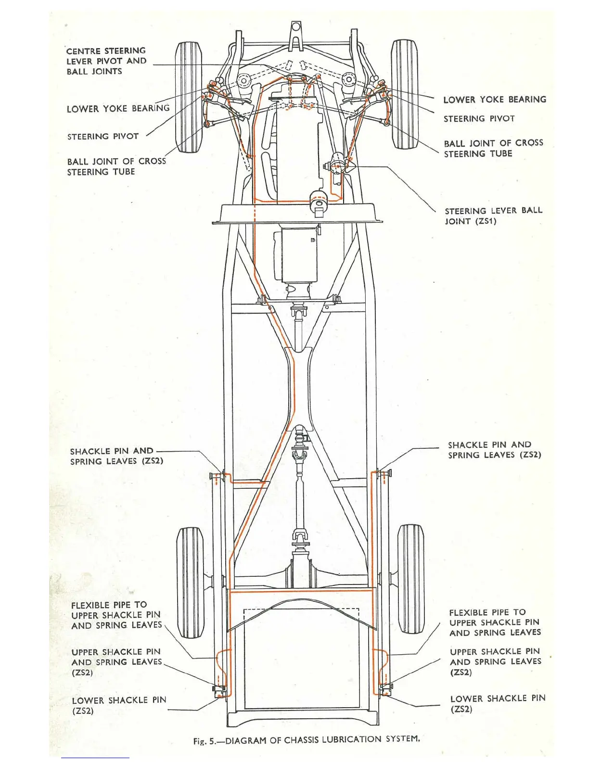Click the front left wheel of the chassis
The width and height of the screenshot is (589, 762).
188,97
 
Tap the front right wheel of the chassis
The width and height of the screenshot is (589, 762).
403,94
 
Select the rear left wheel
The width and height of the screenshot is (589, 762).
190,582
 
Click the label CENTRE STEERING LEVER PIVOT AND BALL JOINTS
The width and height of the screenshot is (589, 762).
106,61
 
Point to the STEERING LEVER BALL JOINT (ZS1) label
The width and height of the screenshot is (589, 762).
493,216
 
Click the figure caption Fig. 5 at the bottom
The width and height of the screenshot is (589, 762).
307,739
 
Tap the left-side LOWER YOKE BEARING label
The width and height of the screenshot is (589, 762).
118,109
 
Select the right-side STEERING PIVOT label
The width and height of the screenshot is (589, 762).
479,119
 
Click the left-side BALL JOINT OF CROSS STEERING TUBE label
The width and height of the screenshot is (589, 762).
116,166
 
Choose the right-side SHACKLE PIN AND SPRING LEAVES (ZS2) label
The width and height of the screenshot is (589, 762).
494,450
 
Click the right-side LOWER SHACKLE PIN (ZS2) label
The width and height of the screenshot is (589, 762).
498,703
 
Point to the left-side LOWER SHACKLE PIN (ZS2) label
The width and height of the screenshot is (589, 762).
119,705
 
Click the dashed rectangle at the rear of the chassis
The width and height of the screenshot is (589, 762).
301,659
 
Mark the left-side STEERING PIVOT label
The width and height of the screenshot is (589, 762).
103,137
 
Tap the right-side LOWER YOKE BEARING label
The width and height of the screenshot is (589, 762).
495,100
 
